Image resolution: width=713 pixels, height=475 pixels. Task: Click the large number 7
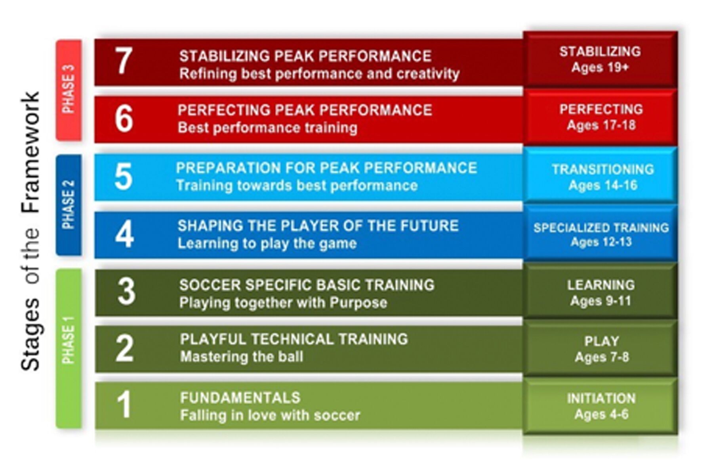[124, 61]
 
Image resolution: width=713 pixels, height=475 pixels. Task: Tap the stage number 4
[124, 234]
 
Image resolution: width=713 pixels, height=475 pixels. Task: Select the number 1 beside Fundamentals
[124, 405]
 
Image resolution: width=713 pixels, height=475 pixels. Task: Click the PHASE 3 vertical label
[69, 89]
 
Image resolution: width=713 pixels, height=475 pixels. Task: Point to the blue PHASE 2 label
[69, 205]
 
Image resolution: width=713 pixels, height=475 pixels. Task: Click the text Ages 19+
[600, 68]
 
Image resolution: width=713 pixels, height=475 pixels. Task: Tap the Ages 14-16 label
[603, 185]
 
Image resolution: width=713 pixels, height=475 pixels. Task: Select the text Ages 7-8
[602, 357]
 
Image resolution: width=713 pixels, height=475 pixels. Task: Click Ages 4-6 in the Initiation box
[601, 414]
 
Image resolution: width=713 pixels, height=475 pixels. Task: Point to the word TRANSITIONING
[603, 169]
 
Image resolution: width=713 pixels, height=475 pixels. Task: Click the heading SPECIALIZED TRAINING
[601, 228]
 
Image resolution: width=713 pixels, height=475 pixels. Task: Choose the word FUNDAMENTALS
[240, 397]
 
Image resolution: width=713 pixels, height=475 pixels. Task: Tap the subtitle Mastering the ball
[242, 357]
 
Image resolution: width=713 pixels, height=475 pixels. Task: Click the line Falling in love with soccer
[270, 415]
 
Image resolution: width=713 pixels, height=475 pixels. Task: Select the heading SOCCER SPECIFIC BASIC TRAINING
[307, 285]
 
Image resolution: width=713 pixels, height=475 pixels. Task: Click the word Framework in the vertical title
[31, 153]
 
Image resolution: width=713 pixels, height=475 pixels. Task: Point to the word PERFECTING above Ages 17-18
[601, 109]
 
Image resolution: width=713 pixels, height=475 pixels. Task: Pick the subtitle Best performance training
[267, 128]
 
